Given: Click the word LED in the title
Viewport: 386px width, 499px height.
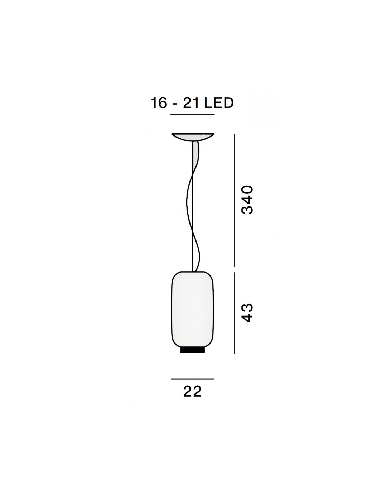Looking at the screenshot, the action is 219,103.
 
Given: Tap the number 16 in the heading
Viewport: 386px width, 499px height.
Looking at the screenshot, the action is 159,103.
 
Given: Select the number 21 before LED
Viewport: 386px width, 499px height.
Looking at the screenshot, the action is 191,103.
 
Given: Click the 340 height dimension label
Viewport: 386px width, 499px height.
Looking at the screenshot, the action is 247,200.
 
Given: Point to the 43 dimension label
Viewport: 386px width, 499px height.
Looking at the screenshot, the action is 247,313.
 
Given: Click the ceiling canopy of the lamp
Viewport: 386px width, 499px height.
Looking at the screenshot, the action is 193,137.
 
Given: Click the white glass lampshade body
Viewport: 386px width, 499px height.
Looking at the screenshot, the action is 192,309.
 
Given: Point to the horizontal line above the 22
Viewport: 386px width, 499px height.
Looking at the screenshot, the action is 192,379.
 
